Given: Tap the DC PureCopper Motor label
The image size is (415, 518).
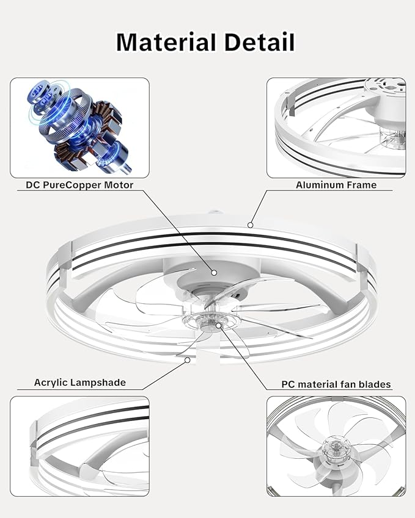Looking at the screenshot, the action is (x=79, y=185).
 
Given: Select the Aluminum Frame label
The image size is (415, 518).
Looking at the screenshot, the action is (x=336, y=185).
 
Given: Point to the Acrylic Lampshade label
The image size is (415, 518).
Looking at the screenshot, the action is (x=79, y=383).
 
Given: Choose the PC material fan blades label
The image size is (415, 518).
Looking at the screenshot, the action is (x=336, y=384).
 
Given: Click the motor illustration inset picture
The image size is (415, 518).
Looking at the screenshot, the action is (x=79, y=128).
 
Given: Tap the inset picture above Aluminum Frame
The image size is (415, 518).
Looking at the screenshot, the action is (x=336, y=128).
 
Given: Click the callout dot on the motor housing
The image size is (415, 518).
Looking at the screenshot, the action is (x=214, y=273).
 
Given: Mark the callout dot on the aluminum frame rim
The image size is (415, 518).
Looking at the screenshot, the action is (x=251, y=225).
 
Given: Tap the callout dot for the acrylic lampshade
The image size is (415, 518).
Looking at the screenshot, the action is (x=187, y=360).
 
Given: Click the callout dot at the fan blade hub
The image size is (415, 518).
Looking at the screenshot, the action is (x=218, y=325).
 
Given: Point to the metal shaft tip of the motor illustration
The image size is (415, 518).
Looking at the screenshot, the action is (x=127, y=170).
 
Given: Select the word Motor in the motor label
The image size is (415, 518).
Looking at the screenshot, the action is (x=119, y=185).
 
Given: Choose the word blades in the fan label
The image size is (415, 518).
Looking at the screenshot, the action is (x=375, y=384).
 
